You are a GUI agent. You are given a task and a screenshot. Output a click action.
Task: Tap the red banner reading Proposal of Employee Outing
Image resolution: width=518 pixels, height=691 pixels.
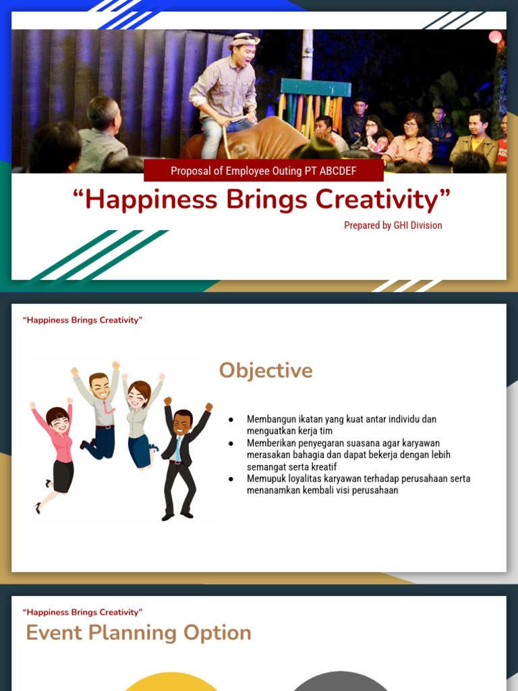click(x=263, y=171)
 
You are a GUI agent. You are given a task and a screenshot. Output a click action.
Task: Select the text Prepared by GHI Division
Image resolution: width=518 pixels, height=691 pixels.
click(x=393, y=225)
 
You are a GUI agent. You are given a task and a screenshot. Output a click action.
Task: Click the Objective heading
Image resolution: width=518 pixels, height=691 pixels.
click(x=266, y=370)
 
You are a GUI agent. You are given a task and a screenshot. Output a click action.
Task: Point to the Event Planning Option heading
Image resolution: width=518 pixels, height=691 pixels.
click(x=138, y=632)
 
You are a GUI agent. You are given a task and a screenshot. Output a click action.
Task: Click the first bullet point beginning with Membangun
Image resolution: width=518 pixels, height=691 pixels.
click(x=341, y=424)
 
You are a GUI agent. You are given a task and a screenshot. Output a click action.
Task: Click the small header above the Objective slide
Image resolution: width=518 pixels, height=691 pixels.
click(x=82, y=320)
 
